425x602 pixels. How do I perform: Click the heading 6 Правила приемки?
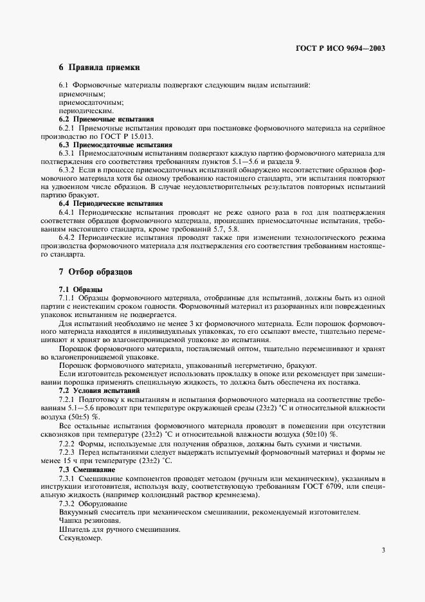[99, 67]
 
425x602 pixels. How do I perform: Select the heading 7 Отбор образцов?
[96, 272]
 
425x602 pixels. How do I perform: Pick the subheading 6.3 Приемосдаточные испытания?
[116, 145]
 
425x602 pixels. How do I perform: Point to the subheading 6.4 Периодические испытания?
[111, 203]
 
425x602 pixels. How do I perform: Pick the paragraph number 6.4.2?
[68, 237]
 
